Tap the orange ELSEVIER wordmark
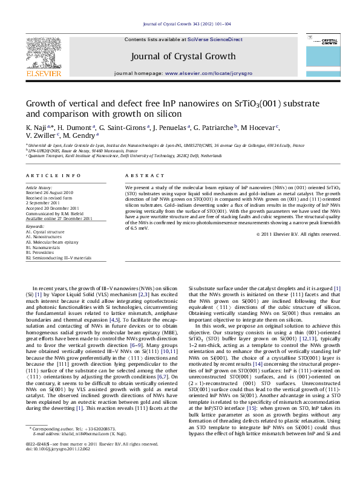[43, 73]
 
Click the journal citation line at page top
[180, 24]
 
